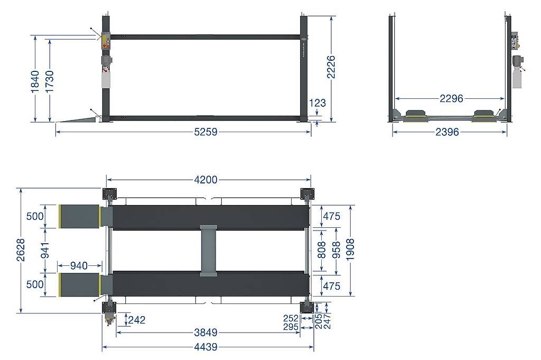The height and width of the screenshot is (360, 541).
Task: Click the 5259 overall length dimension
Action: (206, 132)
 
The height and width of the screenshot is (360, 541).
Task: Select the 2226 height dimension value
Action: (331, 67)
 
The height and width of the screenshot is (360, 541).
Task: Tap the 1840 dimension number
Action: (35, 82)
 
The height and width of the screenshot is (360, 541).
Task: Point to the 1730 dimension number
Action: (50, 82)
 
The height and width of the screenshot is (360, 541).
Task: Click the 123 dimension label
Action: (318, 103)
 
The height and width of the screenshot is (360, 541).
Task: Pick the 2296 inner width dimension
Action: (451, 99)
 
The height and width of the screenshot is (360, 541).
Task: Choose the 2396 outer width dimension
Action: (447, 132)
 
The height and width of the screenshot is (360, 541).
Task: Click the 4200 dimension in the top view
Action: (206, 180)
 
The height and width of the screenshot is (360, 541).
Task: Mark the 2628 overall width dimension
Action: (21, 250)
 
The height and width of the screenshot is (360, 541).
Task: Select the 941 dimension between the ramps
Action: (45, 250)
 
